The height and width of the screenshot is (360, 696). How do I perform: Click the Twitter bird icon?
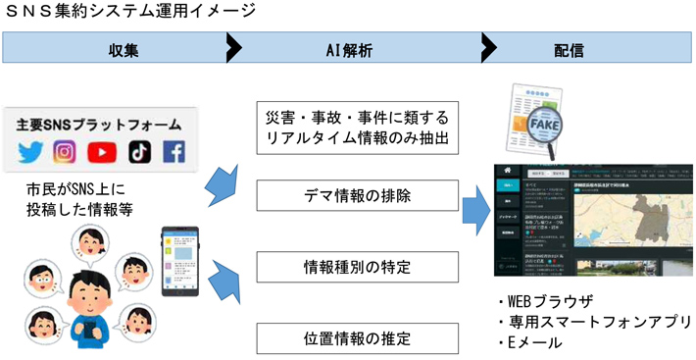point(30,152)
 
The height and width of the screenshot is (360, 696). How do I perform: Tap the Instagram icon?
point(65,152)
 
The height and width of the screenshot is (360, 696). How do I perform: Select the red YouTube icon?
point(101,152)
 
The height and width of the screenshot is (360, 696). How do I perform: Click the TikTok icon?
point(139,152)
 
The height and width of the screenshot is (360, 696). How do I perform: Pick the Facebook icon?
point(174,152)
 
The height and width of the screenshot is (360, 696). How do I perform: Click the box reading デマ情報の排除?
point(356,196)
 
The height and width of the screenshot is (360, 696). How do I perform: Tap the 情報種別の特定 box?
point(356,267)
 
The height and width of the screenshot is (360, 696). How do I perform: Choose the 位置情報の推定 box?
point(356,338)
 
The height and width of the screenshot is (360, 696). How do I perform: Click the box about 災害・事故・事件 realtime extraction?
point(356,127)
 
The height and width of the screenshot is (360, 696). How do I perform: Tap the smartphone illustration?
point(178,259)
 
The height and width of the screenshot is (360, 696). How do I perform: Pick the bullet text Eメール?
point(535,342)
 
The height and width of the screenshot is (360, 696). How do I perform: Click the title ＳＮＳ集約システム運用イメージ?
point(131,12)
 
